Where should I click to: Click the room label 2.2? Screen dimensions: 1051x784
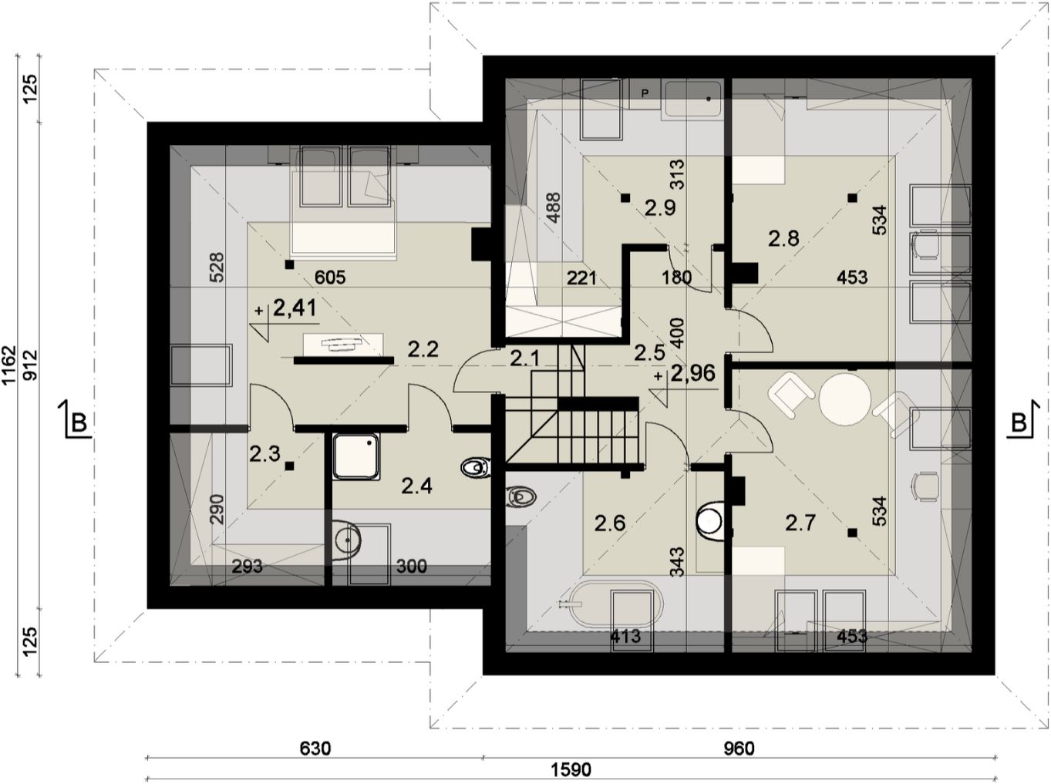point(423,349)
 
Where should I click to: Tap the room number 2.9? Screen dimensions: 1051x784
point(660,208)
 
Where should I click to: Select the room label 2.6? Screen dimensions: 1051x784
point(610,523)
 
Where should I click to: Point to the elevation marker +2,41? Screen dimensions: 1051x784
point(286,308)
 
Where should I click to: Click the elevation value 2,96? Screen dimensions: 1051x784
point(693,373)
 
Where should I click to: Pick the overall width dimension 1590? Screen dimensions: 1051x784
point(571,771)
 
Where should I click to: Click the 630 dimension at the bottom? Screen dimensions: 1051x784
point(315,749)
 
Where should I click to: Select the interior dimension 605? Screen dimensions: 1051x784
point(330,277)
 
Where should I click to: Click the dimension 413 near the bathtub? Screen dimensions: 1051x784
point(626,637)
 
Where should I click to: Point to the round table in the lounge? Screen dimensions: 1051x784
point(845,399)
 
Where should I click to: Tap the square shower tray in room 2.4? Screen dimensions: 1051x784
point(355,456)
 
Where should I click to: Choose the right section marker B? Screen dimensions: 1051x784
point(1022,422)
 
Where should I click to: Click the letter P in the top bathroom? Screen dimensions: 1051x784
point(645,94)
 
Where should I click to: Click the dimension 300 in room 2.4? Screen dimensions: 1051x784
point(411,567)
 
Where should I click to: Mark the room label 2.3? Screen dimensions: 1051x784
point(264,454)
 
